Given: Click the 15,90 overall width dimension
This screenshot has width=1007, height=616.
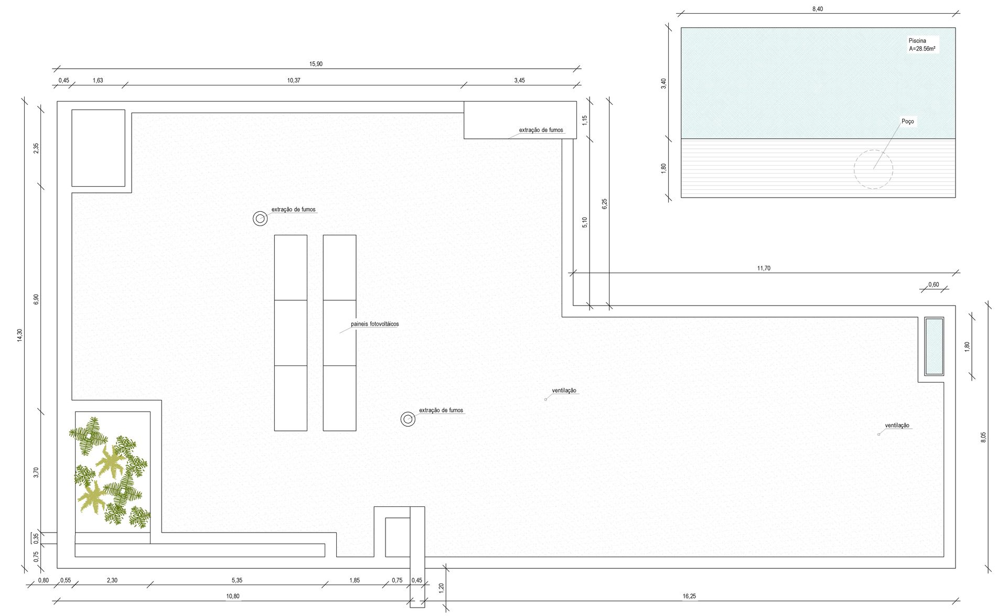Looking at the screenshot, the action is (316, 64).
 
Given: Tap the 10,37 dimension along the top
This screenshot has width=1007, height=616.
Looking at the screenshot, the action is (294, 80).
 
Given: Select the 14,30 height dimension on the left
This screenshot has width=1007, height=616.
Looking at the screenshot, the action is (20, 336).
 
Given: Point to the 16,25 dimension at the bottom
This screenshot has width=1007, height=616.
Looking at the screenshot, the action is (689, 596).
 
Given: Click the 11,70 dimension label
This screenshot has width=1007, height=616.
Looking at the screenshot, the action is (764, 268).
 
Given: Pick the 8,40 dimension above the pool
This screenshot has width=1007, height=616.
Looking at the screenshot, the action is (818, 9).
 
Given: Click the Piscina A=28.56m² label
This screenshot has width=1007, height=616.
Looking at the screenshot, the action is (922, 45).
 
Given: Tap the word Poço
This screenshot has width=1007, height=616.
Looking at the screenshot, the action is (907, 121).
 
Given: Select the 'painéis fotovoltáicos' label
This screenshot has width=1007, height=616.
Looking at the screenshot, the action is (374, 324).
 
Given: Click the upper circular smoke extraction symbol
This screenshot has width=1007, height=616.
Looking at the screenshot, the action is (260, 219).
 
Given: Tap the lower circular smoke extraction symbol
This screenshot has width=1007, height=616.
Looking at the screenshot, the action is (408, 419).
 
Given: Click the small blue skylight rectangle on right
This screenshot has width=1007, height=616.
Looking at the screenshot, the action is (934, 346).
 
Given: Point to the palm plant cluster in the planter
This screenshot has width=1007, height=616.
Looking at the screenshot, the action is (110, 472).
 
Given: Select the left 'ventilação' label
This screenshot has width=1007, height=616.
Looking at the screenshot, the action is (564, 391).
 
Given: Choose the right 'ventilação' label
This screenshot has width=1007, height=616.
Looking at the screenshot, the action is (897, 426).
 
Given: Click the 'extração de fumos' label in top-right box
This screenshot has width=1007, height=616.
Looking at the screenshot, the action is (541, 130).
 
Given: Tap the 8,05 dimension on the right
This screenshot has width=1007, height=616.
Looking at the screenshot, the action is (983, 437).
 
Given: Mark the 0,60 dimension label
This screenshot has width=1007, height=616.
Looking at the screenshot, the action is (934, 285).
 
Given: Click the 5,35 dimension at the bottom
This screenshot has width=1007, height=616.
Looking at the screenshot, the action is (237, 580).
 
